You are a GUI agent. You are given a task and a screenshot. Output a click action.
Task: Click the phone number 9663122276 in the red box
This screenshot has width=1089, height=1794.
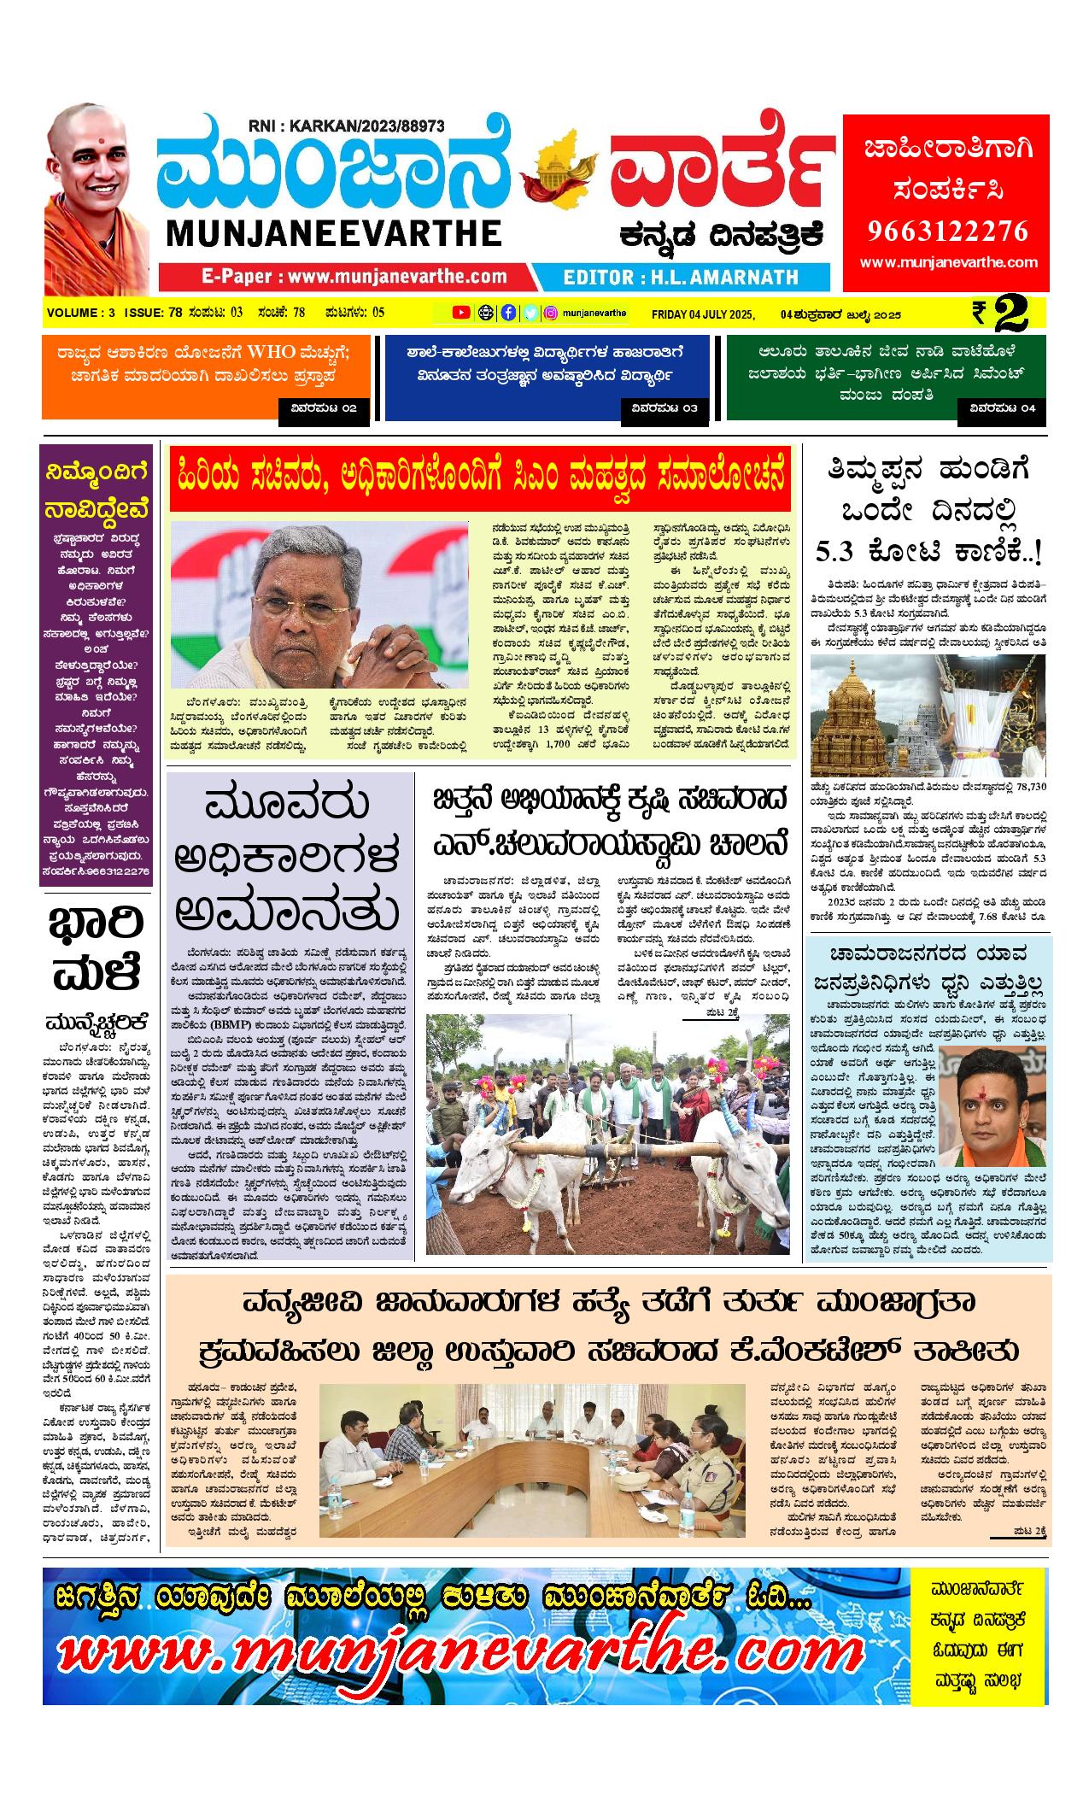[947, 231]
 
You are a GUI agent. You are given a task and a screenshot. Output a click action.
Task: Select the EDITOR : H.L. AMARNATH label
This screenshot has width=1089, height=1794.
[681, 277]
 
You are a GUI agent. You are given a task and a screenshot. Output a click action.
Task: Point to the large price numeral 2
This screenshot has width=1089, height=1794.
[1010, 314]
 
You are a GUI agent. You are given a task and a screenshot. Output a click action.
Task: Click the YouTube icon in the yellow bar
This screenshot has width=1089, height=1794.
[461, 313]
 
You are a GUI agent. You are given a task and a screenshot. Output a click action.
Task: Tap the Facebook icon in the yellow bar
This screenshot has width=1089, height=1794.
[508, 313]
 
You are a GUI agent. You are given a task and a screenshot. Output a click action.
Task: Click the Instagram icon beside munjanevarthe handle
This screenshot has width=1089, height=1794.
[552, 313]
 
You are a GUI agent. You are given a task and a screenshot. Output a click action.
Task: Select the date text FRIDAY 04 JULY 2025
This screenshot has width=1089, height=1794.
[703, 314]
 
